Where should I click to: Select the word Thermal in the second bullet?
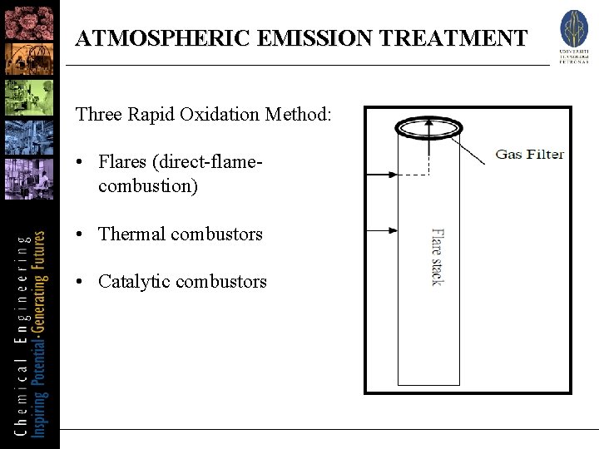131,234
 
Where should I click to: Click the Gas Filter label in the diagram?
529,154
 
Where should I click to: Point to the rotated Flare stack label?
438,257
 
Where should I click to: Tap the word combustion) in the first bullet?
148,186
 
